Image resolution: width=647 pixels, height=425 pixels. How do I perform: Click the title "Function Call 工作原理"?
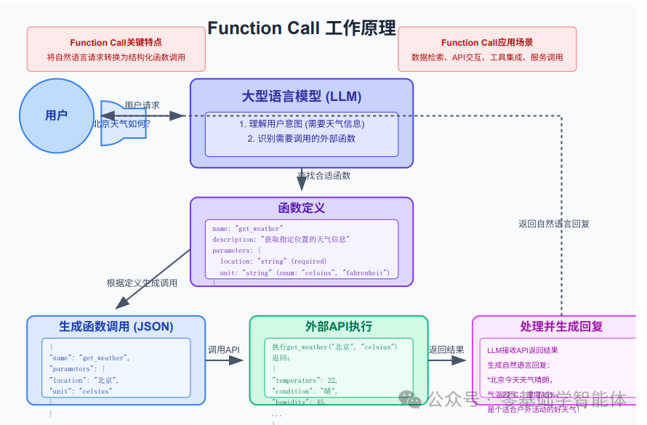point(301,28)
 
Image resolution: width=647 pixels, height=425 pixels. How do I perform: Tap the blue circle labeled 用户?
point(56,116)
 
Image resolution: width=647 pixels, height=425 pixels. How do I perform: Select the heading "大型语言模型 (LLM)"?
point(301,97)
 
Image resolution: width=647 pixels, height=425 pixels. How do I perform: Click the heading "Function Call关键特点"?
point(116,43)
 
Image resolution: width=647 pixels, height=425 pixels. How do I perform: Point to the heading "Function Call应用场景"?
point(487,43)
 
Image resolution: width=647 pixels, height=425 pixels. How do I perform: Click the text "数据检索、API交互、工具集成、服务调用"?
point(487,57)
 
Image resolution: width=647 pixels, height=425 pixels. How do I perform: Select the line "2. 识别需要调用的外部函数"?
point(301,138)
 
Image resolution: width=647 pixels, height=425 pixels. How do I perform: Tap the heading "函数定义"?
point(301,208)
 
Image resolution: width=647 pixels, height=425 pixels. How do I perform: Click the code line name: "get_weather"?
point(247,229)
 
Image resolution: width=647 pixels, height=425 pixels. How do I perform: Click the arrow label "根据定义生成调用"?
point(142,283)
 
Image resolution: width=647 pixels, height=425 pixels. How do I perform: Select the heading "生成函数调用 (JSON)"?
point(116,326)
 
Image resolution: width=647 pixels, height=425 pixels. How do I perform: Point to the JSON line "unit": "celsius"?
point(81,391)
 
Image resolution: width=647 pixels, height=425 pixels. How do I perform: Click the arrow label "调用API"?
point(224,350)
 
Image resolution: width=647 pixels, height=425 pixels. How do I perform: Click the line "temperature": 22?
point(305,380)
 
